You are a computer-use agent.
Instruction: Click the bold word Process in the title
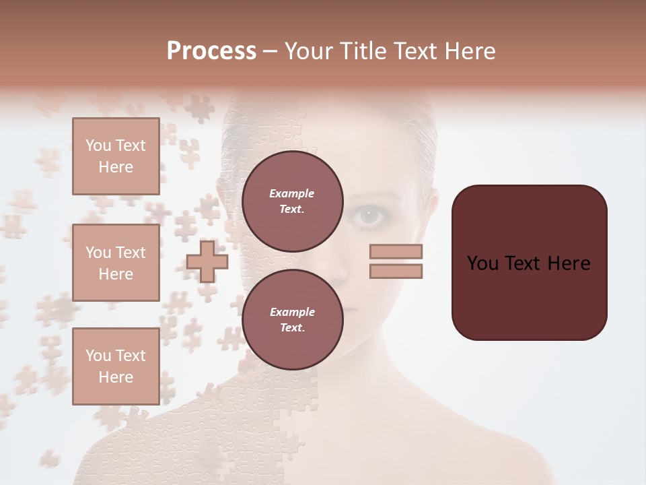[211, 51]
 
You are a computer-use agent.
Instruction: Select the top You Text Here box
[116, 156]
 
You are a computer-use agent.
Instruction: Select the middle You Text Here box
[116, 263]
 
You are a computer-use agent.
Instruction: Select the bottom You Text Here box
[116, 366]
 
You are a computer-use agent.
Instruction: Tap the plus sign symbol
[207, 261]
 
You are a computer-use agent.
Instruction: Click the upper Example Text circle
[292, 201]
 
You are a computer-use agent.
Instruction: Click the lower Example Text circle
[292, 319]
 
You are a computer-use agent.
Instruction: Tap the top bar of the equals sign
[396, 252]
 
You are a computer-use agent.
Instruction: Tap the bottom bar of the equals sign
[396, 271]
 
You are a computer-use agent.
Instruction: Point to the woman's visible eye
[368, 216]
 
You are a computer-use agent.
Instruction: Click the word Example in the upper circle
[292, 193]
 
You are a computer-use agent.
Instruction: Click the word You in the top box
[98, 145]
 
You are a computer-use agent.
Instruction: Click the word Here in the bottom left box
[116, 377]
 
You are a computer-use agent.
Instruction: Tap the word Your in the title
[310, 51]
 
